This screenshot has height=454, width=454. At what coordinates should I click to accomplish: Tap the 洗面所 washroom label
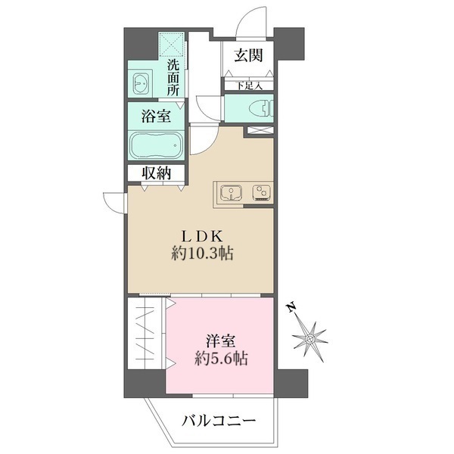coord(173,76)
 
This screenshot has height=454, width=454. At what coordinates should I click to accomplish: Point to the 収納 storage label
coord(157,173)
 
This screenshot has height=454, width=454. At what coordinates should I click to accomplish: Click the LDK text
coord(200,235)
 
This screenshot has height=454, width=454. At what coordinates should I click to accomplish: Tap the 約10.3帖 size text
coord(201,255)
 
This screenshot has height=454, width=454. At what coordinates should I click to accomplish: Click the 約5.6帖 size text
coord(220,359)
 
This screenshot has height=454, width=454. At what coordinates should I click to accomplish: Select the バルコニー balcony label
coord(219,421)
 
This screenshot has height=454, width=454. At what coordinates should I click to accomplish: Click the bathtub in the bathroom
coord(156,145)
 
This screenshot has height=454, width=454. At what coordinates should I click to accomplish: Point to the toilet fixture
coord(259,108)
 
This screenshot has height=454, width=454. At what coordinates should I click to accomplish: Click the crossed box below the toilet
coord(257,132)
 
